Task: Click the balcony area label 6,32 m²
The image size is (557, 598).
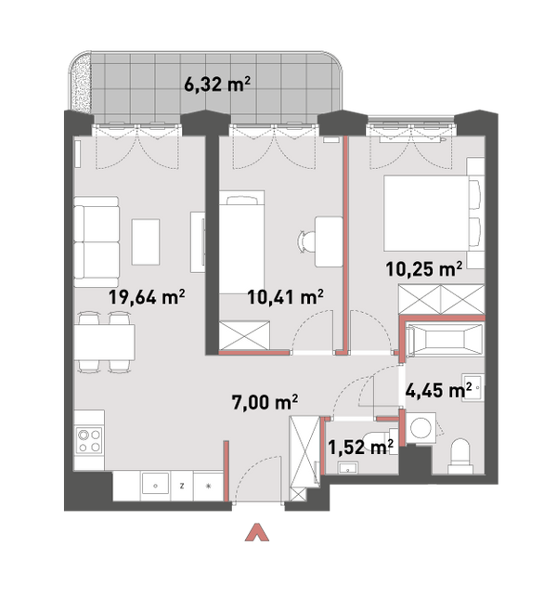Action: coord(217,84)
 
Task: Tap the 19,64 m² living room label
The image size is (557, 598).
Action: coord(147,297)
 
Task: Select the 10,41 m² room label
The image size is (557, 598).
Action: coord(286,297)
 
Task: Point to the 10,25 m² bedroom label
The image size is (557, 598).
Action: coord(424,269)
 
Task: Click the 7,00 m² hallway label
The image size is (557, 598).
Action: coord(265,402)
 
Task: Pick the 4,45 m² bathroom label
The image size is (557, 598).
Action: coord(438,390)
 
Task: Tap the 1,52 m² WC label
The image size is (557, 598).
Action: coord(360,447)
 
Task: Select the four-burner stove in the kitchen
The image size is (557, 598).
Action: coord(89,440)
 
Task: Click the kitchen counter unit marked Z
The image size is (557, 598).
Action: coord(182,486)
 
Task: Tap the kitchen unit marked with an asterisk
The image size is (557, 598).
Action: coord(208,486)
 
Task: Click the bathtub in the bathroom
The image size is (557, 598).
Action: coord(445,339)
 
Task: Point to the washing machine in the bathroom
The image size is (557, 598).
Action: coord(421,427)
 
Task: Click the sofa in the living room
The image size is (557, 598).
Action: coord(97,241)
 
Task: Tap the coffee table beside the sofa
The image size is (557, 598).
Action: coord(146,241)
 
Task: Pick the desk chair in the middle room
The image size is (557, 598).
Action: coord(307,241)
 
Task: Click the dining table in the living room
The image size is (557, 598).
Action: coord(105,342)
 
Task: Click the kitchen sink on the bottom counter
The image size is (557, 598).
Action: coord(155,486)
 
